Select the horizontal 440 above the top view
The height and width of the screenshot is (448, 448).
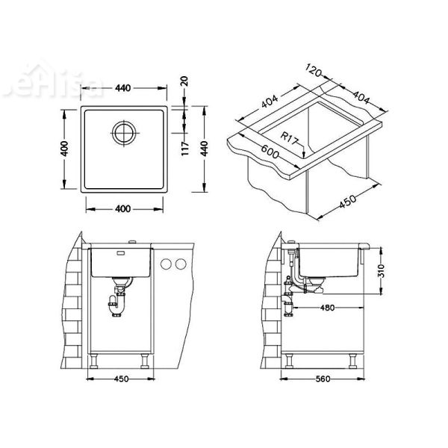(x=122, y=88)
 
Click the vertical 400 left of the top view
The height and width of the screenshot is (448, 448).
(x=65, y=149)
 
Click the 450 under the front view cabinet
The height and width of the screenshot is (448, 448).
(x=122, y=379)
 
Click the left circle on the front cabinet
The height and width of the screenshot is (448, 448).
(x=167, y=264)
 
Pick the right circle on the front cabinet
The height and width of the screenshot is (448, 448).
(x=181, y=264)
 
